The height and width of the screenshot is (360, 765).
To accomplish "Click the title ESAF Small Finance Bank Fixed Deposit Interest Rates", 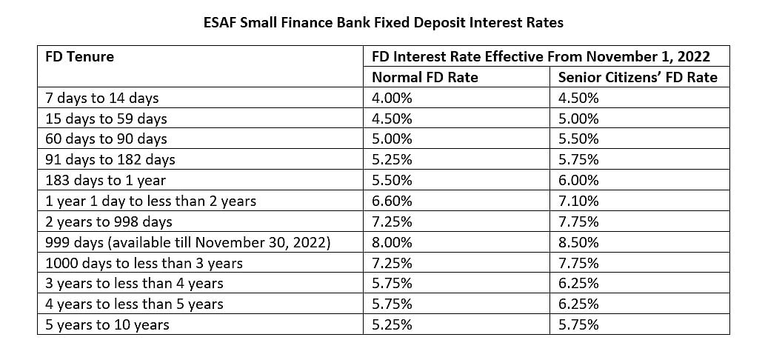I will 383,23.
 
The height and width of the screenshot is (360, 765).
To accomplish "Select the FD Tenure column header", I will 80,56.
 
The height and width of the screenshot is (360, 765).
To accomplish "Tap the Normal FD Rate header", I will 424,77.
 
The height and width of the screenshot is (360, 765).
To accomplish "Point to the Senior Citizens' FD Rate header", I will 637,77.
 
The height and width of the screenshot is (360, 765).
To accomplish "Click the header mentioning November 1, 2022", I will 541,56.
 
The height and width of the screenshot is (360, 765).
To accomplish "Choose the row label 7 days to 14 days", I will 102,98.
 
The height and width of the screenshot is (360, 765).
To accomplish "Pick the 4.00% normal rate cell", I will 392,98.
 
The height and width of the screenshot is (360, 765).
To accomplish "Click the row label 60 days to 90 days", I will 106,139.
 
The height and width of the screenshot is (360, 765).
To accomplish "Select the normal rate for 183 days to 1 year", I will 392,180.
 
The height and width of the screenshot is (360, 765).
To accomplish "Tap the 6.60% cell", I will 392,201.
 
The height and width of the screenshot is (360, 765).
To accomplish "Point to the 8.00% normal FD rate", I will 392,242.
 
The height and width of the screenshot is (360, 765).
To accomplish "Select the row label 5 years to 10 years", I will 107,324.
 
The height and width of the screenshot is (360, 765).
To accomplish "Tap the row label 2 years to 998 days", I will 109,221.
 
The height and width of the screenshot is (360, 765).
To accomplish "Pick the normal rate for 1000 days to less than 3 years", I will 392,263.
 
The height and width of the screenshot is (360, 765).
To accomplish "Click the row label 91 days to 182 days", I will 110,159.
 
